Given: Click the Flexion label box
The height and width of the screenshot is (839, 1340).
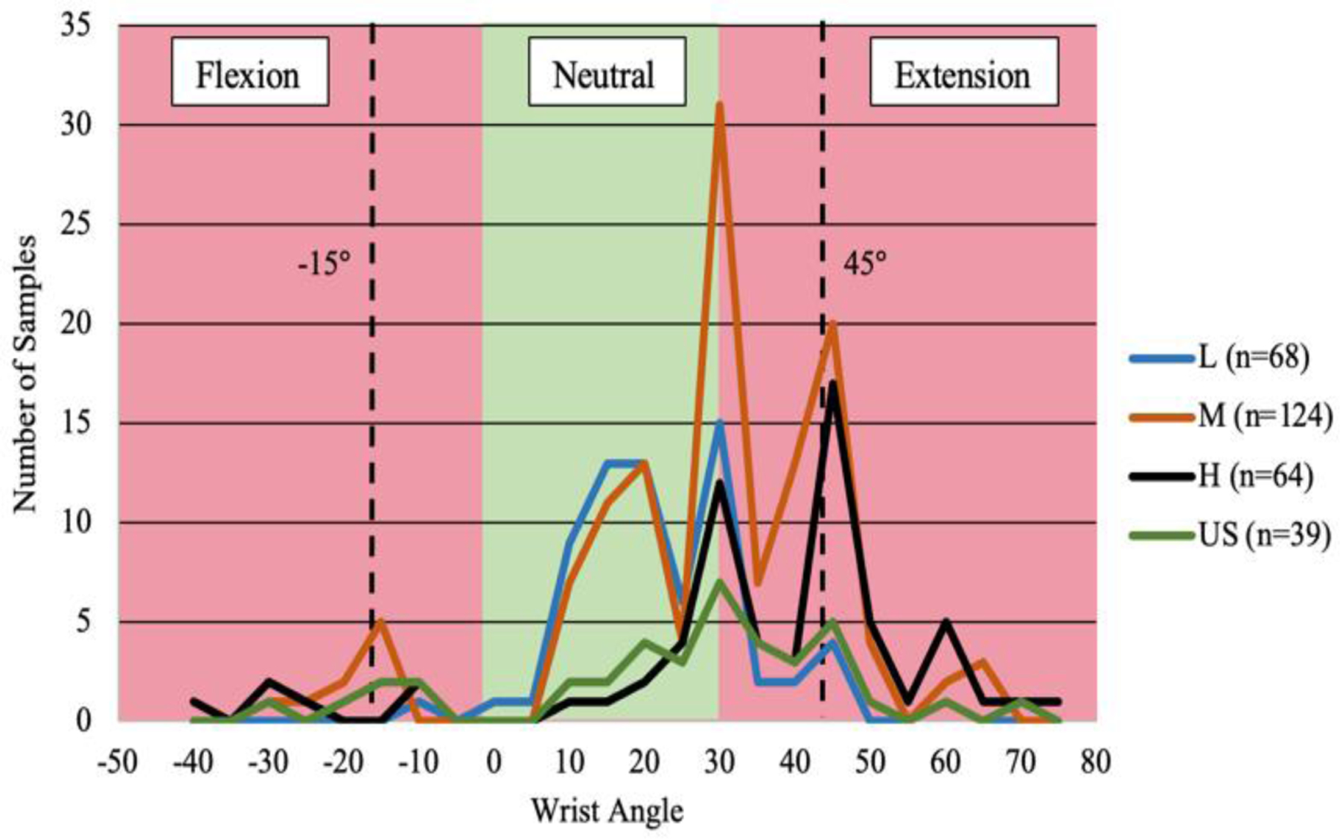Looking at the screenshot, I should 249,72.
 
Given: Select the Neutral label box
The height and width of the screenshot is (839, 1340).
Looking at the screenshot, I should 606,72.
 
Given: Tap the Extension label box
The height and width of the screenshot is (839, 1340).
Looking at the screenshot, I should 963,72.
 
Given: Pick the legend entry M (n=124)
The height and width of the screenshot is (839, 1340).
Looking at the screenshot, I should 1230,417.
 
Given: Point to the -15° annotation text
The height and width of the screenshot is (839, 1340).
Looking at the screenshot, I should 324,263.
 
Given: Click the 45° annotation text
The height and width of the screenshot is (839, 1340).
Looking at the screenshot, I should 865,263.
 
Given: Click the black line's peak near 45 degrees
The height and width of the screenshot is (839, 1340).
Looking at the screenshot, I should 833,384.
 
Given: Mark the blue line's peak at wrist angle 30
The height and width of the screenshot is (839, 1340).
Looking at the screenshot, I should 719,424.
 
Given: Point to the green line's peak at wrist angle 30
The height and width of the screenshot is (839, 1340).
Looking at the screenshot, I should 719,582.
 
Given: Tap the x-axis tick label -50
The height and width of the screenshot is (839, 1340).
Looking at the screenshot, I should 118,762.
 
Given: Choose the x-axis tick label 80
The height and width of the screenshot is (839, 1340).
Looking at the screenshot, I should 1096,762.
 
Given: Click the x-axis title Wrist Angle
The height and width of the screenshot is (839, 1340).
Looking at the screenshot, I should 607,810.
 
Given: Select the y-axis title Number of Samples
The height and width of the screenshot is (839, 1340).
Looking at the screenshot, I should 25,373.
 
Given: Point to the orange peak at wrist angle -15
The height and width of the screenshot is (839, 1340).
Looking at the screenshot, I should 380,622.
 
